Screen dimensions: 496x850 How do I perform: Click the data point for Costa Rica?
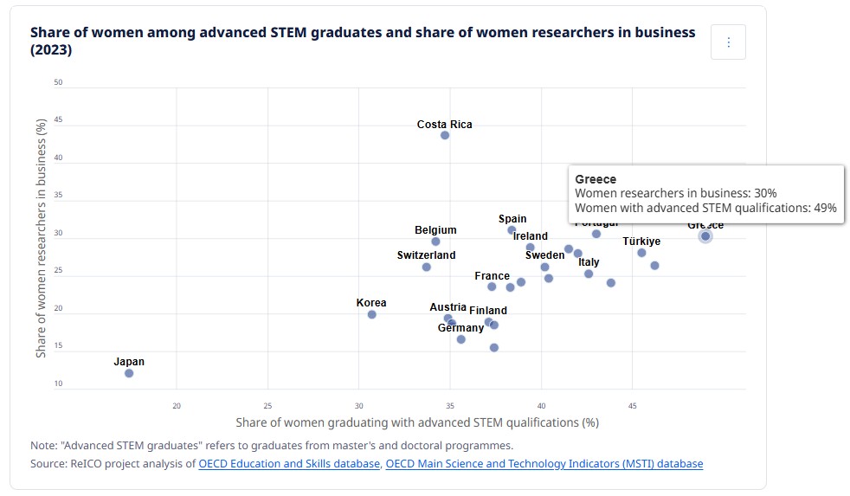(x=445, y=135)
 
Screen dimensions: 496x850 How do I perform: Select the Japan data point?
(x=129, y=373)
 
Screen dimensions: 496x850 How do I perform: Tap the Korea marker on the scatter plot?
(x=372, y=314)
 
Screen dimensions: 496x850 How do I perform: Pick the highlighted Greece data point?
(x=705, y=236)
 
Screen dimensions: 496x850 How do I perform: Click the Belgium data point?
(x=435, y=242)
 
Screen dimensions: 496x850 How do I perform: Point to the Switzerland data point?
(x=427, y=267)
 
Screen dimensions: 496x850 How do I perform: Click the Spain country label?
(x=512, y=219)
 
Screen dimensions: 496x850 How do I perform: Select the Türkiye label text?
(x=641, y=242)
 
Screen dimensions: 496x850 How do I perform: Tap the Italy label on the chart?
(x=589, y=262)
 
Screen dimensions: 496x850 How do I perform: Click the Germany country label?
(x=460, y=328)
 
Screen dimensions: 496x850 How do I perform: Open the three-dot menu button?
(x=728, y=42)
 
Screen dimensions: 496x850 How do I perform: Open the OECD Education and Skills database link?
(x=289, y=464)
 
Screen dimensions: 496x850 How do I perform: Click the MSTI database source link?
(x=544, y=464)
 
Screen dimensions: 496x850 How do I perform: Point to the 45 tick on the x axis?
(x=632, y=406)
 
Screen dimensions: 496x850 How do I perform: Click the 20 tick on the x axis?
(x=177, y=406)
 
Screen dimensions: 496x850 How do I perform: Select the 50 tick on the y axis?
(x=58, y=83)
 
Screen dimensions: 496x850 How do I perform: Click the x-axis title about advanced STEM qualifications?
(x=417, y=422)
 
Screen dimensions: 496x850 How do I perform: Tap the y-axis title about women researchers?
(x=41, y=238)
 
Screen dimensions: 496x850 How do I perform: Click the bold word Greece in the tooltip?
(x=596, y=179)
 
